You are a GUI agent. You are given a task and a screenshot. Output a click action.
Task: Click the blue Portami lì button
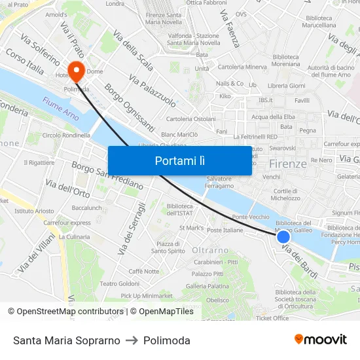[179, 160]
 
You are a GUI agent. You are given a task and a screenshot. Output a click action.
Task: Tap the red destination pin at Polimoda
[76, 69]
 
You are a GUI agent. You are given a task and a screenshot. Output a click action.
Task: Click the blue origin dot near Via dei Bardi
[283, 238]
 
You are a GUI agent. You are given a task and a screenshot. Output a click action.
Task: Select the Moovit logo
[320, 340]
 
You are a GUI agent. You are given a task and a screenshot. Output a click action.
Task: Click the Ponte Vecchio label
[250, 217]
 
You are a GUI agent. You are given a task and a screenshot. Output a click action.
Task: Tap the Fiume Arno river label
[60, 108]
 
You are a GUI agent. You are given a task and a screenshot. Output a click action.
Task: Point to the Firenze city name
[287, 164]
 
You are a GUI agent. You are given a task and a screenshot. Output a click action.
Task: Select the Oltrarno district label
[210, 250]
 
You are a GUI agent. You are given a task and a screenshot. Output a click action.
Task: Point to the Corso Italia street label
[24, 60]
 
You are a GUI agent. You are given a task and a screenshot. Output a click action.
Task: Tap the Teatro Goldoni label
[119, 283]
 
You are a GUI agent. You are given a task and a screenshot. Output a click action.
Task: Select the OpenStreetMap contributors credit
[65, 312]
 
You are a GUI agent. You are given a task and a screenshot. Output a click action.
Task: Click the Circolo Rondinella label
[66, 135]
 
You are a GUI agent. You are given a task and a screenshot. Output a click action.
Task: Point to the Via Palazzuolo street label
[153, 90]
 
